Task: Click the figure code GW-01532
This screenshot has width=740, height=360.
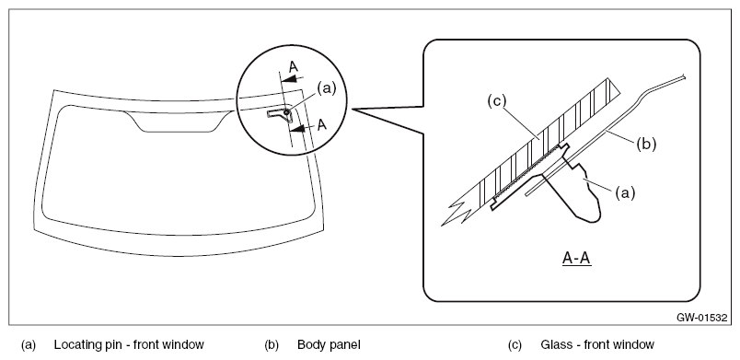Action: point(701,318)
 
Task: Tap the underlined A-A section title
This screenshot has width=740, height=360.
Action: point(577,258)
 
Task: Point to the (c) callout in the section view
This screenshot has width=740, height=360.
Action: point(496,100)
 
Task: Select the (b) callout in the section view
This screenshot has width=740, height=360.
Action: point(646,144)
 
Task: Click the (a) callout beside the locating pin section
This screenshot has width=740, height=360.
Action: point(625,192)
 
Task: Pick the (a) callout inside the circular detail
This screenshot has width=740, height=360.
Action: point(327,87)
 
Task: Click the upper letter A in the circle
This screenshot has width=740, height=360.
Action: point(294,67)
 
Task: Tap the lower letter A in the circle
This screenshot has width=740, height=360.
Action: point(321,124)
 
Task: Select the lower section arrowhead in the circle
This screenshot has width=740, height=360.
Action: point(297,127)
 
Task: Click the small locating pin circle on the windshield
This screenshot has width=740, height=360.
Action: point(286,111)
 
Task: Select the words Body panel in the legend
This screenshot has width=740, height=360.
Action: point(329,345)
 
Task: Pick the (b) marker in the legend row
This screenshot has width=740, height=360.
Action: point(272,345)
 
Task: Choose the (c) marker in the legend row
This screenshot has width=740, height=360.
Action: point(515,345)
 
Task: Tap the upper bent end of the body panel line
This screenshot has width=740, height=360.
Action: point(683,76)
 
